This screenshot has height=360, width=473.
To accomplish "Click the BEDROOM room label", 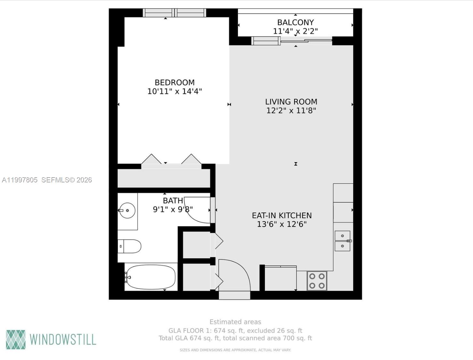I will [x=175, y=83].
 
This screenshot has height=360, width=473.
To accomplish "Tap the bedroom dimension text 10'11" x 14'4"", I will [x=175, y=92].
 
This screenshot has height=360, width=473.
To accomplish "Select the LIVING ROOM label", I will [x=291, y=102].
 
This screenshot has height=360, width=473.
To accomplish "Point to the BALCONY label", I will [x=295, y=22].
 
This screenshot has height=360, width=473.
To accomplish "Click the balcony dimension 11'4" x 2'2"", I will [x=295, y=31].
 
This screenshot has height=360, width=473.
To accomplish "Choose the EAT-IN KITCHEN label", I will [x=282, y=216].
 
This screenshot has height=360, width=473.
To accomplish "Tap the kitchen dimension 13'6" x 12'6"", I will [x=282, y=224].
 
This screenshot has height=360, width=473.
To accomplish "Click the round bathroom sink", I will [x=127, y=211].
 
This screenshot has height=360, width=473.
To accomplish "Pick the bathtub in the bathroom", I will [x=151, y=277].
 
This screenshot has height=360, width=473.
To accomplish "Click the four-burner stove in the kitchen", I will [x=317, y=281].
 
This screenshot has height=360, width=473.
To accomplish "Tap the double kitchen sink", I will [x=342, y=241].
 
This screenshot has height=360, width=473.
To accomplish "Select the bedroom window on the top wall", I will [x=175, y=13].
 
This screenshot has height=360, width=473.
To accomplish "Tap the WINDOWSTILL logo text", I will [x=63, y=340].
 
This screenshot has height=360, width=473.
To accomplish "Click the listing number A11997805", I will [x=20, y=180].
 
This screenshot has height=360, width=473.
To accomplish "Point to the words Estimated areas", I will [x=235, y=322].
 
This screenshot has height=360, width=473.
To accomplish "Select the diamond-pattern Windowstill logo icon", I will [x=16, y=340].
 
